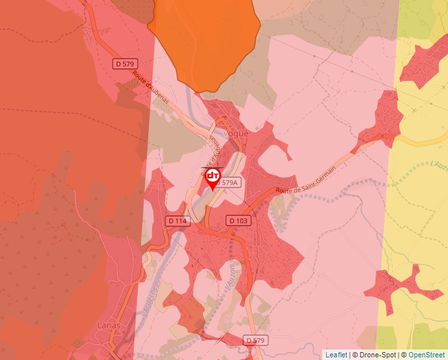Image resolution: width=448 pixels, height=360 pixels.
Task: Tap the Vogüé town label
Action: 237,134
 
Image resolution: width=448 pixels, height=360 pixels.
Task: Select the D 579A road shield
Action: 229,183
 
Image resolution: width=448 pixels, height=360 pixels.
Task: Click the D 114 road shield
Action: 177,220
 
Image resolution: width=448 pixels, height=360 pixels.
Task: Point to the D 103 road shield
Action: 238,220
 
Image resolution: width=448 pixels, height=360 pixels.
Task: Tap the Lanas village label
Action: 108,325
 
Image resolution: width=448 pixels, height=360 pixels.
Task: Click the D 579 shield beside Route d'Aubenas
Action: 125,64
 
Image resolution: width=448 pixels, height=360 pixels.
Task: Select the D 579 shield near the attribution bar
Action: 256,340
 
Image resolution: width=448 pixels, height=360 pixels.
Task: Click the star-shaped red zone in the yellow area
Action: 400,284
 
